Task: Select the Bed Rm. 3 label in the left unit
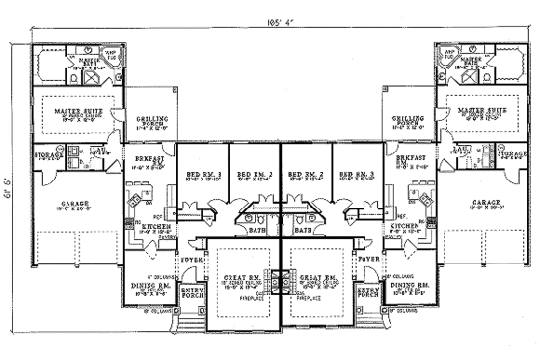(202, 174)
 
